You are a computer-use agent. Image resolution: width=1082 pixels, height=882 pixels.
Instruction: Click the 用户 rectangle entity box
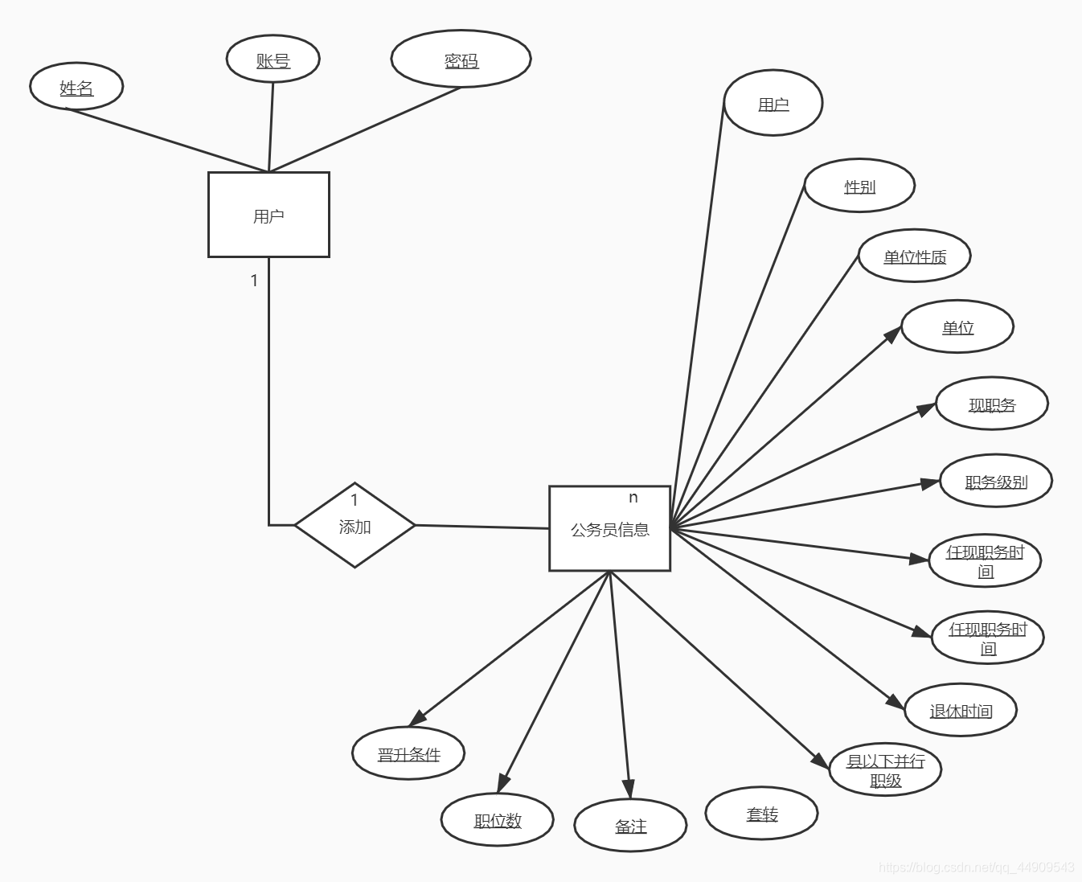[x=268, y=215]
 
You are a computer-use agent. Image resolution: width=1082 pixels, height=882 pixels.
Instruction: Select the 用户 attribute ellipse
[x=773, y=104]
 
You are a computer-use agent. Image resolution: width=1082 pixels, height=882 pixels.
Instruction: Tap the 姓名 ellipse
[x=76, y=87]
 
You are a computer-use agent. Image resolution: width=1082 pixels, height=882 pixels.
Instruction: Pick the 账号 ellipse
[x=273, y=59]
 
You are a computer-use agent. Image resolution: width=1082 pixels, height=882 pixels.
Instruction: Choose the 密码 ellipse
[x=461, y=59]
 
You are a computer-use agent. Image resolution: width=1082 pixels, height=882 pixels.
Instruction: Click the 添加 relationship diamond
[x=355, y=526]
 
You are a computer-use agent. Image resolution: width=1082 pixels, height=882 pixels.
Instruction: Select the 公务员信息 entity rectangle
[x=609, y=529]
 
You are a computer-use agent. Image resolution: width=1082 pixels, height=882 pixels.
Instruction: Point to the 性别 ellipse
[x=859, y=186]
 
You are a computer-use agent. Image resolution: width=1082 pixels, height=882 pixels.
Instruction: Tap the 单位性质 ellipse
[x=915, y=256]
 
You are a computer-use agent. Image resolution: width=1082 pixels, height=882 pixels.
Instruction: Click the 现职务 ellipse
[x=992, y=404]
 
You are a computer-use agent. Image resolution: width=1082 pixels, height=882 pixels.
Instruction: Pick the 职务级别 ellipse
[x=996, y=481]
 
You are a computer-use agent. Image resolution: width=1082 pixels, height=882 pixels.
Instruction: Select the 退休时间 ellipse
[x=961, y=710]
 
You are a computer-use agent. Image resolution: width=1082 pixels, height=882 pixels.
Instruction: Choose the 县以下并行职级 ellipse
[x=885, y=769]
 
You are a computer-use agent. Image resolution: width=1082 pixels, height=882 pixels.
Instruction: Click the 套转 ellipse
[x=761, y=814]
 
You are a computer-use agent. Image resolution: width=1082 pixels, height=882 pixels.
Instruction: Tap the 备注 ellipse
[x=630, y=825]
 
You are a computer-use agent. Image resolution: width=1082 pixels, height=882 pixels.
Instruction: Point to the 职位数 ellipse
[x=497, y=819]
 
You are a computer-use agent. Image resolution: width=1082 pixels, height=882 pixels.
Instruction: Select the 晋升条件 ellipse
[x=408, y=753]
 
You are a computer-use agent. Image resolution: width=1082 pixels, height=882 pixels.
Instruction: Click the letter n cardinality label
[x=633, y=498]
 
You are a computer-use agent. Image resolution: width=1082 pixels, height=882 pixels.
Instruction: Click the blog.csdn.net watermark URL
[x=976, y=868]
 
